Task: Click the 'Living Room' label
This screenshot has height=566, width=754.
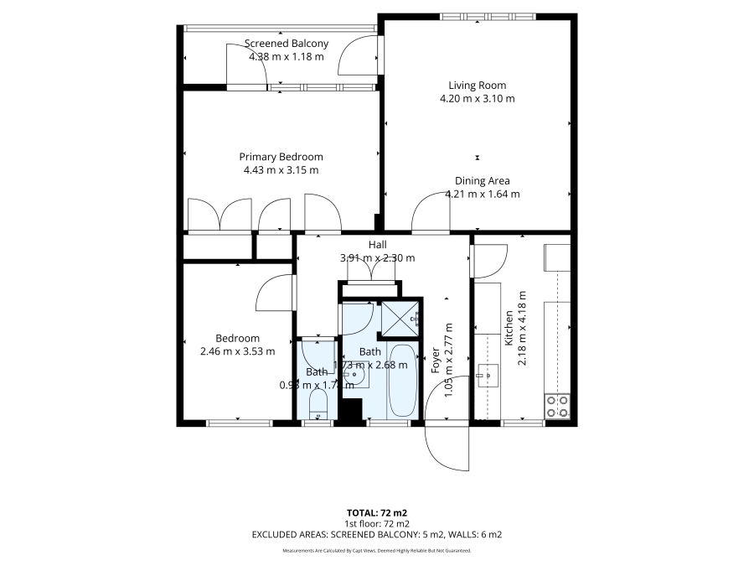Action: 477,85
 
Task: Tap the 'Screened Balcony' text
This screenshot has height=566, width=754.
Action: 286,44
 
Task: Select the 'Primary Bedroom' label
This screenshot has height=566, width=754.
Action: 281,157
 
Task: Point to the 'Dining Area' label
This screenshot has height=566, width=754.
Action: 482,180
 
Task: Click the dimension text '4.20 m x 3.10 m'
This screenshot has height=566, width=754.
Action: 477,98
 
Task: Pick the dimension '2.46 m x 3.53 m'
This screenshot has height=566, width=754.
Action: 238,351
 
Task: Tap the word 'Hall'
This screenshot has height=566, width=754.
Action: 377,244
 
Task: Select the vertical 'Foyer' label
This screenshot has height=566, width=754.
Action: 436,360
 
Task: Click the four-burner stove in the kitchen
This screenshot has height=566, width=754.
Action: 558,406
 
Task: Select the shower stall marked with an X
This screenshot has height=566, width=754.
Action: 400,318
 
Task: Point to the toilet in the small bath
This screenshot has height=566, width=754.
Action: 317,403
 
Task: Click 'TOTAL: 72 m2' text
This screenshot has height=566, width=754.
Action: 376,511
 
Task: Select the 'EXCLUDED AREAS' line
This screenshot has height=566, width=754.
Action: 376,534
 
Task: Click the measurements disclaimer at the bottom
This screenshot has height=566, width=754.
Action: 376,551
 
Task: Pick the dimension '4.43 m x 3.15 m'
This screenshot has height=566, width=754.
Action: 281,170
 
